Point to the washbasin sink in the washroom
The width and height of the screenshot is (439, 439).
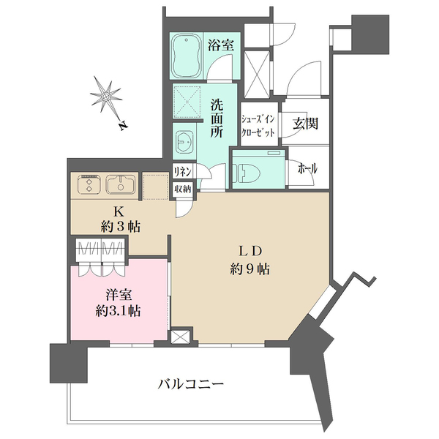click(x=184, y=139)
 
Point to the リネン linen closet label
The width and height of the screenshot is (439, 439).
click(x=183, y=170)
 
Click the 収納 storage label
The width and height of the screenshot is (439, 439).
click(x=183, y=189)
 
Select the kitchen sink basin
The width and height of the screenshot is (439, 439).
click(x=119, y=184)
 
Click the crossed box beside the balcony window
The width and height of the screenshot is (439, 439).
click(x=180, y=337)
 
